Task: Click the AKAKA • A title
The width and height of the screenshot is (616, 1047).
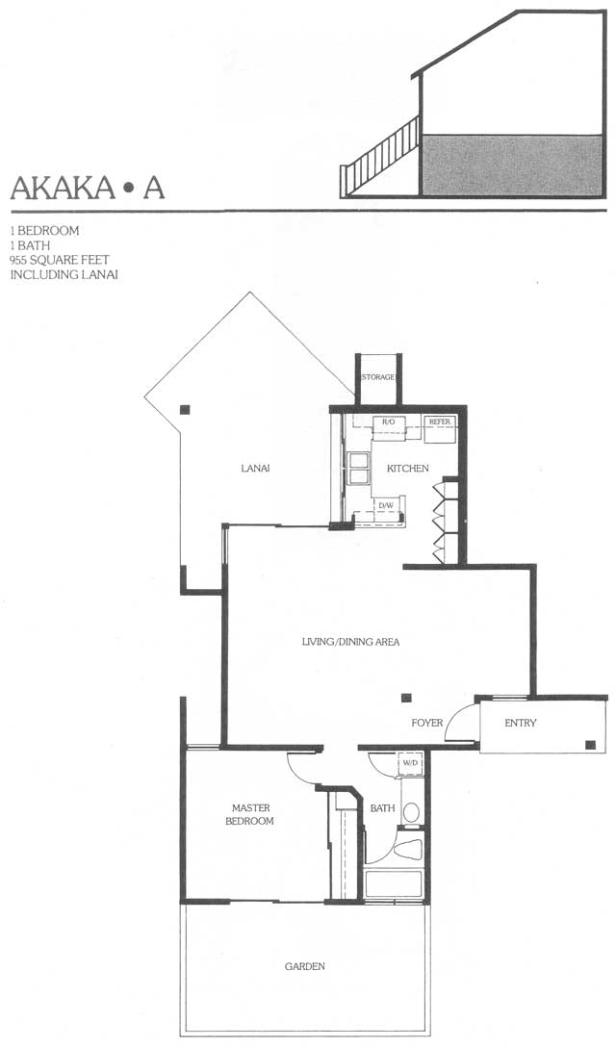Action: [87, 188]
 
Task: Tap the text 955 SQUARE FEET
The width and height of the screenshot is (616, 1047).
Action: [60, 260]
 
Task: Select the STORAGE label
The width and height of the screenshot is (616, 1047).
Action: [377, 377]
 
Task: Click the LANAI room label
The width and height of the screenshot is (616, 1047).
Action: [255, 468]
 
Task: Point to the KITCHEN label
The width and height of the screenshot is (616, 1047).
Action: [407, 468]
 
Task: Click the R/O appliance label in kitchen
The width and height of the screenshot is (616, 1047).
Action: [388, 422]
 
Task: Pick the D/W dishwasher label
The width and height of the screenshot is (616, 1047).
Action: [386, 505]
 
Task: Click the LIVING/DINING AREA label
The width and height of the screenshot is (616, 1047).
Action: [350, 642]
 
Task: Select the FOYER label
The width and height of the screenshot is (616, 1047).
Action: [427, 723]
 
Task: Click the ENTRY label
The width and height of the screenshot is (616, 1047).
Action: [521, 723]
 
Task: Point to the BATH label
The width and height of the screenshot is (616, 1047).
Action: [383, 808]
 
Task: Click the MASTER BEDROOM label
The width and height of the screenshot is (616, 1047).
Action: [250, 815]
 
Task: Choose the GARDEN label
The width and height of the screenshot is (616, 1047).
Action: [305, 966]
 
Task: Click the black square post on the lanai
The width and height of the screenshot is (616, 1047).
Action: [185, 410]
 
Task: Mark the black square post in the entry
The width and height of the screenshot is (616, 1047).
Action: [590, 745]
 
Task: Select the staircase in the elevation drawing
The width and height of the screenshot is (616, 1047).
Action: [379, 157]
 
